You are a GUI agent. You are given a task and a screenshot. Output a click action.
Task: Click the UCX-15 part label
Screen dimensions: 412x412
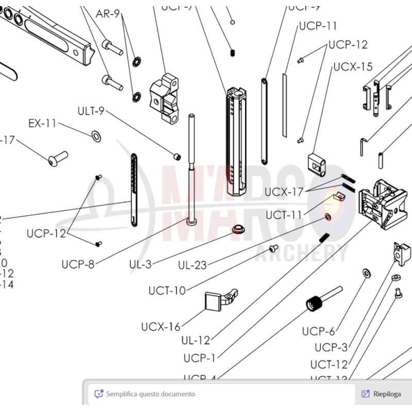click(x=353, y=66)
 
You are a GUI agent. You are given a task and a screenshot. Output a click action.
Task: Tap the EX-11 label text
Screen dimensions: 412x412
click(x=42, y=124)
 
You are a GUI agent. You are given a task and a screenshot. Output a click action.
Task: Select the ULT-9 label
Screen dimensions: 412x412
click(x=91, y=111)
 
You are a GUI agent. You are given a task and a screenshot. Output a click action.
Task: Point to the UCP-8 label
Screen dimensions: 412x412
click(x=78, y=265)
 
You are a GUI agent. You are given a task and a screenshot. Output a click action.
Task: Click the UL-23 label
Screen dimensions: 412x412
click(x=192, y=265)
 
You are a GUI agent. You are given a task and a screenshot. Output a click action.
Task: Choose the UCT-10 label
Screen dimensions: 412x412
click(x=167, y=291)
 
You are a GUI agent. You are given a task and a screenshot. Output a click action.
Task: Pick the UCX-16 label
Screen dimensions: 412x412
click(x=161, y=327)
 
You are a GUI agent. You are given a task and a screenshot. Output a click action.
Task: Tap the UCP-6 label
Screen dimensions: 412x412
click(x=318, y=331)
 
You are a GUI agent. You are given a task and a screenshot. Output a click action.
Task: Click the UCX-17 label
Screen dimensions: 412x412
click(x=284, y=192)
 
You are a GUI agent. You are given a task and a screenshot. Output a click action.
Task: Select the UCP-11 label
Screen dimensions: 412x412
click(x=318, y=26)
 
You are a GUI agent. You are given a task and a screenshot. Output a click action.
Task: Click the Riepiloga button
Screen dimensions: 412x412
click(x=382, y=394)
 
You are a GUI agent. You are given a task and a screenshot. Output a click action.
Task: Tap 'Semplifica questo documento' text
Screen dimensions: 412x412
click(x=150, y=394)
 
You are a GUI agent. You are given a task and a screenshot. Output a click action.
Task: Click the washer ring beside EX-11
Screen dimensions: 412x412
click(x=96, y=136)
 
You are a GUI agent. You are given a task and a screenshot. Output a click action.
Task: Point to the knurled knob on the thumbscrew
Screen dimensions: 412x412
click(x=314, y=303)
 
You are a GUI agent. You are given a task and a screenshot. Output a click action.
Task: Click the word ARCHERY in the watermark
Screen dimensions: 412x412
click(x=309, y=253)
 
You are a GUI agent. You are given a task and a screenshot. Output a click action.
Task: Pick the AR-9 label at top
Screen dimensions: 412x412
click(x=108, y=14)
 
